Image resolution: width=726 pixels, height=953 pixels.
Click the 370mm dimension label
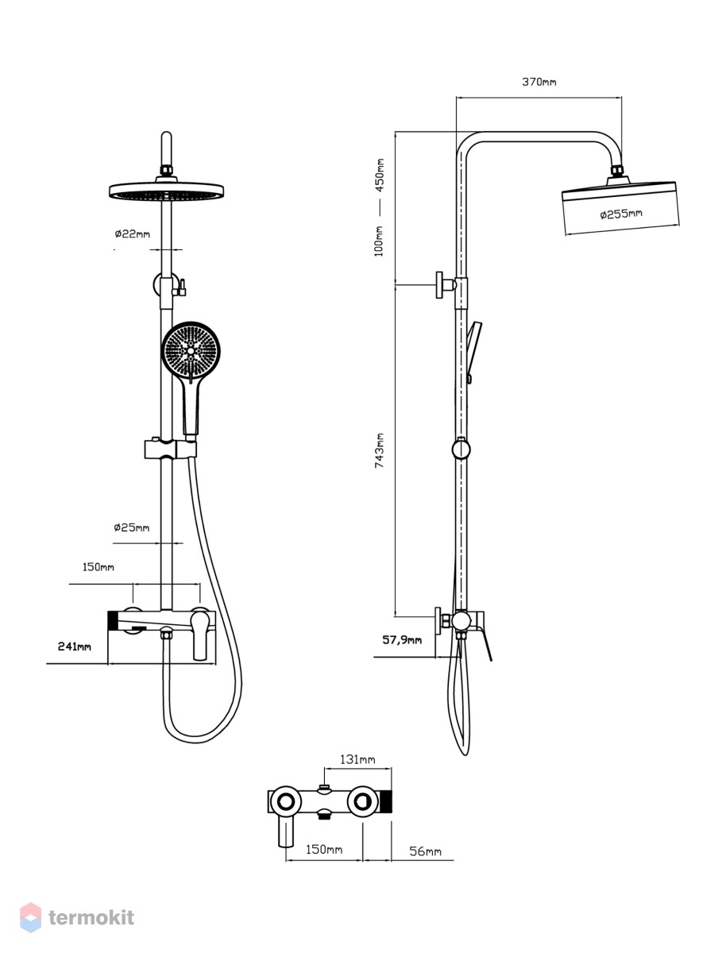coord(539,82)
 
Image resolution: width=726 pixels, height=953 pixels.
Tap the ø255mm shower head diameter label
coord(621,214)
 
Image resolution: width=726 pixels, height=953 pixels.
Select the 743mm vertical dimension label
coord(379,450)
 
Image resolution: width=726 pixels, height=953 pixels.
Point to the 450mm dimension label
coord(380,175)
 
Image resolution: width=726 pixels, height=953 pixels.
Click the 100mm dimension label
coord(379,241)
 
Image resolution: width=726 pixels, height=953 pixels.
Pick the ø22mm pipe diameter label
coord(133,234)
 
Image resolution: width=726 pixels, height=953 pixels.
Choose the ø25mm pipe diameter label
coord(132,527)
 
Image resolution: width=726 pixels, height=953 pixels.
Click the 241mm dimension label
coord(74,646)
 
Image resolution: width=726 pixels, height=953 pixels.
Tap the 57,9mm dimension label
coord(402,639)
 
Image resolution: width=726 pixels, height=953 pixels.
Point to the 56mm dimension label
coord(425,851)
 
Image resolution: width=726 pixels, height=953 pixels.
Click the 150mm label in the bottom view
coord(324,849)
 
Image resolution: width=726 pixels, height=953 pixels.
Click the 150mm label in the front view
coord(98,567)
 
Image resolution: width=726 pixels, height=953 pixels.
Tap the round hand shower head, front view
coord(191,351)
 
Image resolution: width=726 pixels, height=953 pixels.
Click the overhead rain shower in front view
coord(166,190)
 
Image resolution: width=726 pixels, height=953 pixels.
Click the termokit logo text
coord(91,918)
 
